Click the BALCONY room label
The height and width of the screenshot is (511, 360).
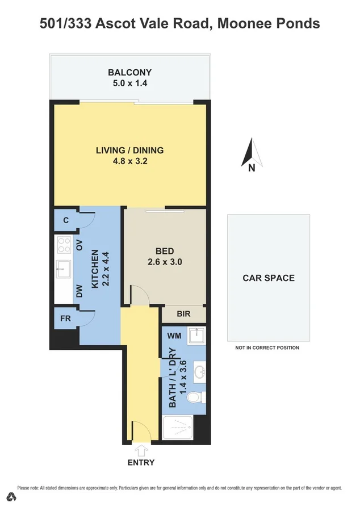tap(130, 72)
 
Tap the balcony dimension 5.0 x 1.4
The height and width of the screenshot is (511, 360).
tap(130, 83)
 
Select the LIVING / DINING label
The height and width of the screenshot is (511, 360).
tap(129, 150)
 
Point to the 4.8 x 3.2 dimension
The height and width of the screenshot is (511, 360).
tap(129, 161)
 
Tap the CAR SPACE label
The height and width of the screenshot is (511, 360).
tap(269, 278)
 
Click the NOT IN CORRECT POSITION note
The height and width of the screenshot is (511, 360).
tap(267, 347)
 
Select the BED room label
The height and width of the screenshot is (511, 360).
tap(165, 252)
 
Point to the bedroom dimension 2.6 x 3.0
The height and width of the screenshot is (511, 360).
tap(164, 262)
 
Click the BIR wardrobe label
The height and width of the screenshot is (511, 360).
tap(183, 314)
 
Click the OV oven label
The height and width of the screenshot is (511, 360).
tap(79, 245)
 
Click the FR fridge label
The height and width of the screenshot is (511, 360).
tap(65, 318)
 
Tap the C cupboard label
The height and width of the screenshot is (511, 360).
tap(66, 220)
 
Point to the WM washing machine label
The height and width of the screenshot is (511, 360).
tap(174, 336)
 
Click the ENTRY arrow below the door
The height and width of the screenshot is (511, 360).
tap(141, 450)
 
